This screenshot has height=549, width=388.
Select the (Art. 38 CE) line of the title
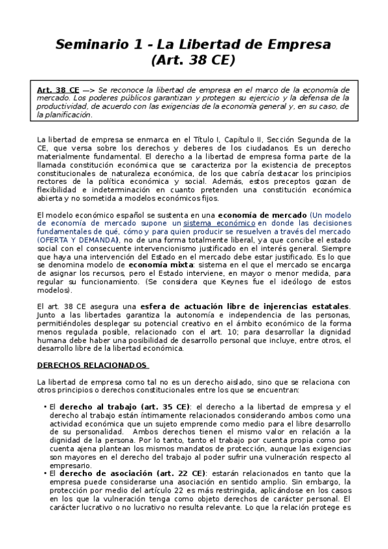[x=192, y=61]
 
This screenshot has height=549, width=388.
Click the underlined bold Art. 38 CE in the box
[x=58, y=89]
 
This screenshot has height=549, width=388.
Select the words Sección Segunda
[x=300, y=139]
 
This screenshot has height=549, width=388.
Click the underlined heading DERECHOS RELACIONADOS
[x=93, y=364]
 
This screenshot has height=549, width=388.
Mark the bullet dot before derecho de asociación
[x=43, y=473]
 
